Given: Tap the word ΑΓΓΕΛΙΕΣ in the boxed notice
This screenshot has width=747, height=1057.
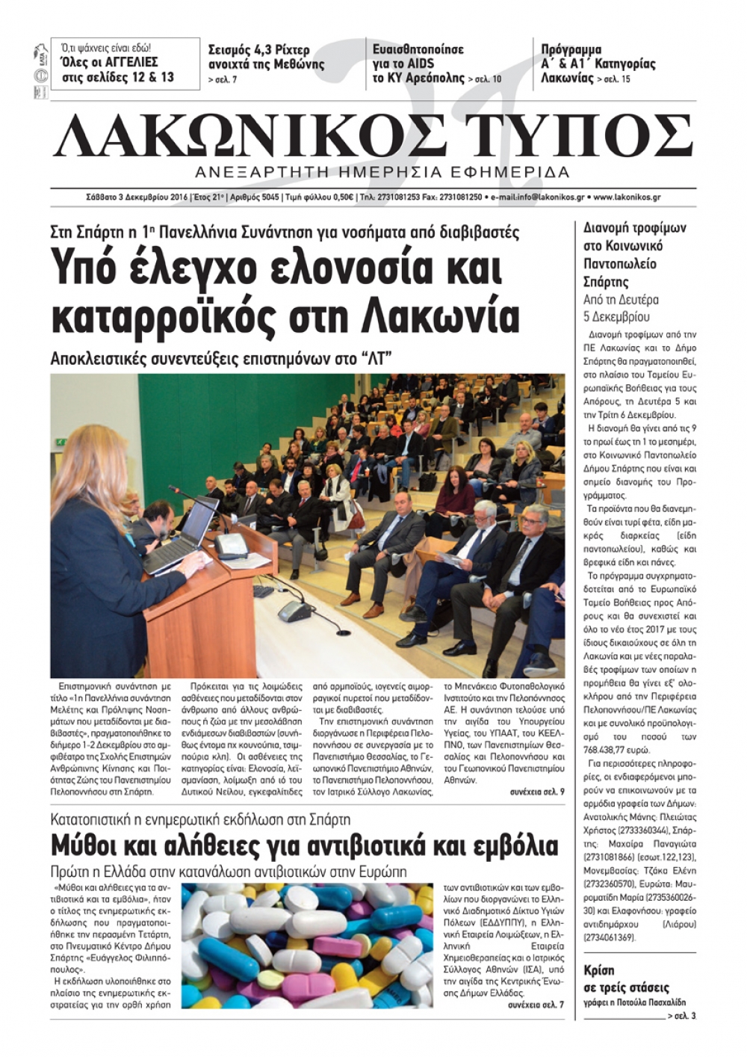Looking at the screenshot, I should [x=126, y=62].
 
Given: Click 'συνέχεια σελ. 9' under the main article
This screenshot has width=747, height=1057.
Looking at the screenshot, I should [x=537, y=791].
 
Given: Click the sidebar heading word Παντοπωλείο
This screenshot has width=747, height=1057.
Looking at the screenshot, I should [x=619, y=264].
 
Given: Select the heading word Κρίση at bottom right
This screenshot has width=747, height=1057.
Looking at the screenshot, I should [x=599, y=970].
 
